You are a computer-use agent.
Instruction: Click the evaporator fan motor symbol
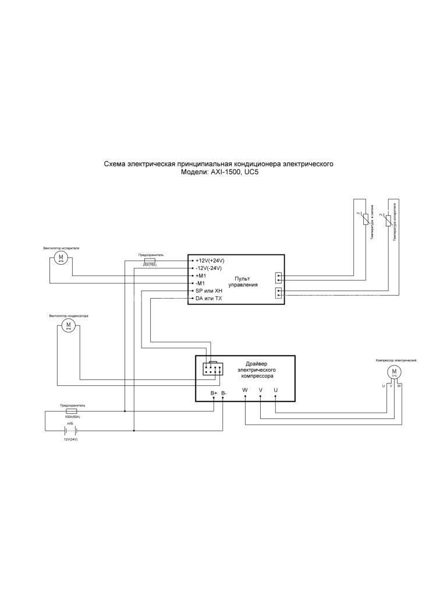coord(61,258)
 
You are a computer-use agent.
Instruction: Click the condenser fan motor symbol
coord(69,325)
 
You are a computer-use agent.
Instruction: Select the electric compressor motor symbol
coord(394,372)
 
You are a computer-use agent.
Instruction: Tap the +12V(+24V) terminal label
coord(210,260)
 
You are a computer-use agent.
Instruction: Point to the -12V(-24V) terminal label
coord(210,268)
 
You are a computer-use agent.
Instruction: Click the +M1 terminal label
coord(201,275)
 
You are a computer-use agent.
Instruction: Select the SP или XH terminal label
coord(209,290)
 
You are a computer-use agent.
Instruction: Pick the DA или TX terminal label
coord(209,298)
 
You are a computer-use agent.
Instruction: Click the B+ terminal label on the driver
coord(214,393)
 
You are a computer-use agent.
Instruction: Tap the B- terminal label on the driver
coord(225,393)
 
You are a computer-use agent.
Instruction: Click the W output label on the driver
coord(245,389)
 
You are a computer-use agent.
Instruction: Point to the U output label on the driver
coord(275,389)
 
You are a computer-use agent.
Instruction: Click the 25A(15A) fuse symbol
coord(150,260)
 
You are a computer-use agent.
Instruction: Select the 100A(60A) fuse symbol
coord(73,411)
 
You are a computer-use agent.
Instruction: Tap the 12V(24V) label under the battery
coord(70,439)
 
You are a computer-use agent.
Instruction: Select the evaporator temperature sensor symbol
coord(388,221)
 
